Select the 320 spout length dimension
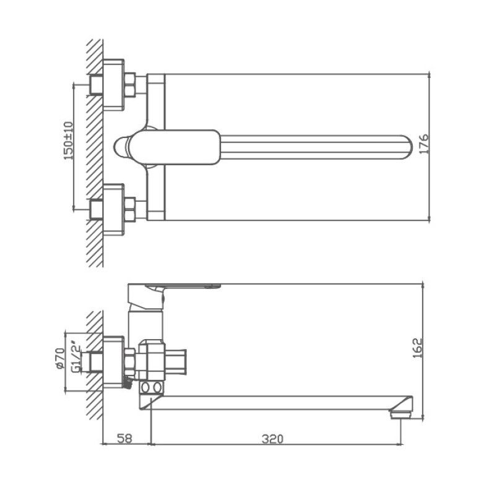272,439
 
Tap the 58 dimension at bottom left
124,439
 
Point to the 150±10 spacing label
68,141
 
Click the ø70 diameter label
60,358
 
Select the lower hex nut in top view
130,209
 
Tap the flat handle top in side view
186,287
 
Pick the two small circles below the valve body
152,388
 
